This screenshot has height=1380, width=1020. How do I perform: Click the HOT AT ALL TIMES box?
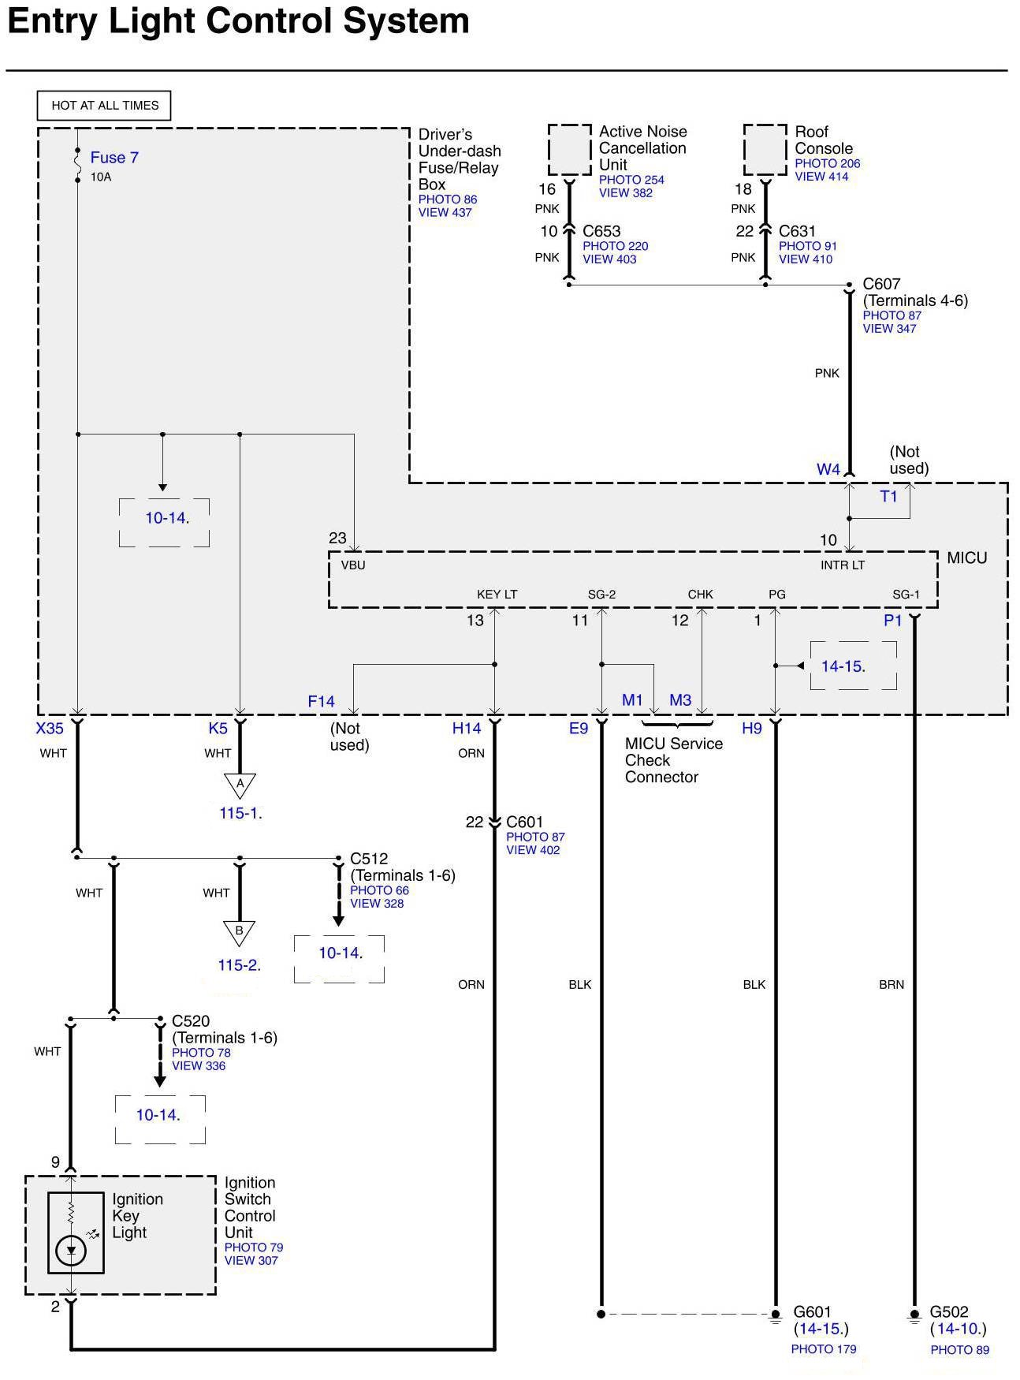click(x=105, y=106)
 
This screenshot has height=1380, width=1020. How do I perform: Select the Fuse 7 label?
click(x=114, y=158)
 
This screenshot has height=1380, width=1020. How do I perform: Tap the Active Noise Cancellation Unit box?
click(x=570, y=149)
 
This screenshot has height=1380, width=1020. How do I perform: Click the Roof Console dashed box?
click(x=765, y=149)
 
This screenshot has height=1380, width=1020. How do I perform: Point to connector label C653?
click(x=601, y=231)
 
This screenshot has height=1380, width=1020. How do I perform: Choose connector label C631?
click(x=797, y=231)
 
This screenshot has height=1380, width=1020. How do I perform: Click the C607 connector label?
click(x=881, y=284)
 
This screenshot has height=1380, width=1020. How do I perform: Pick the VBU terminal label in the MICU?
click(x=353, y=565)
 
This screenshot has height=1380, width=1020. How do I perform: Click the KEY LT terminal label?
click(x=497, y=595)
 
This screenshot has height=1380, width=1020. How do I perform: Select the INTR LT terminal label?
click(x=843, y=565)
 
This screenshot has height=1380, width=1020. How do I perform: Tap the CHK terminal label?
click(x=700, y=595)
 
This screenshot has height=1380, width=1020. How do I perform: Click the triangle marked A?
click(x=240, y=785)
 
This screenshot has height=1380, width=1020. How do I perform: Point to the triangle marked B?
click(x=240, y=931)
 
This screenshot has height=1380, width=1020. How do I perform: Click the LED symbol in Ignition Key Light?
click(x=72, y=1250)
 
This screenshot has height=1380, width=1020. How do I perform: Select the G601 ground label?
click(x=812, y=1312)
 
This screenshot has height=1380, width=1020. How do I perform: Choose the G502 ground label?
click(x=948, y=1312)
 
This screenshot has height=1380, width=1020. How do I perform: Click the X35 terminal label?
click(x=50, y=729)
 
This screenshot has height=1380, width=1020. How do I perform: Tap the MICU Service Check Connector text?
click(x=673, y=760)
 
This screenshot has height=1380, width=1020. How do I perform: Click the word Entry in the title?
click(x=52, y=21)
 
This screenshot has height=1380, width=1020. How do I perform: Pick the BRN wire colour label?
click(x=892, y=985)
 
